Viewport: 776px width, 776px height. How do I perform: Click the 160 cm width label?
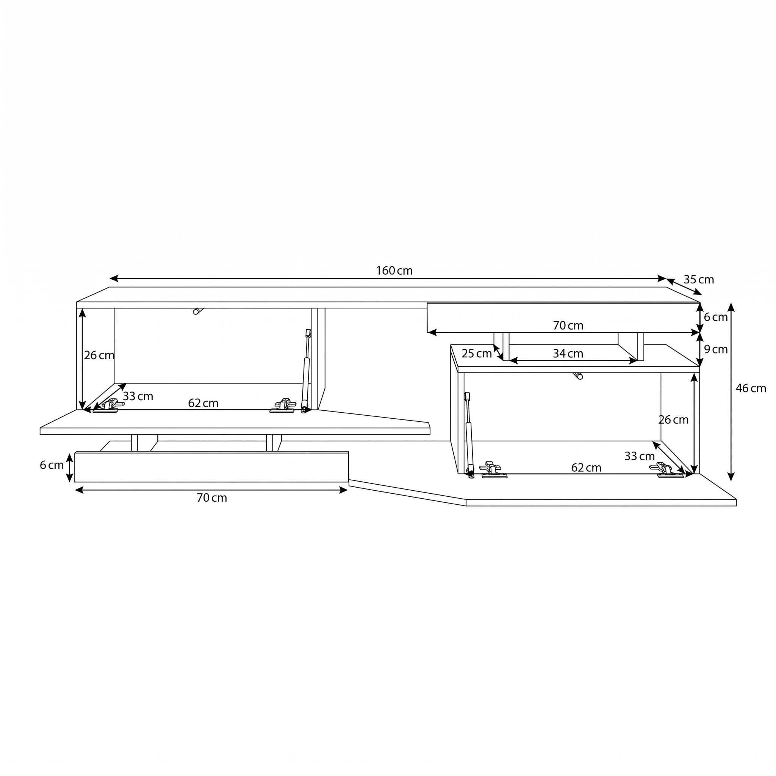(x=394, y=271)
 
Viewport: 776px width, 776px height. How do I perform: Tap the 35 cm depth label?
(x=699, y=280)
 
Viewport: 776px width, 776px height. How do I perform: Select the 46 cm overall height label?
(x=751, y=388)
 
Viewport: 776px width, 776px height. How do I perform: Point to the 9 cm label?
(x=716, y=349)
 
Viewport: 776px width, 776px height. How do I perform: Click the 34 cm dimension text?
(x=568, y=354)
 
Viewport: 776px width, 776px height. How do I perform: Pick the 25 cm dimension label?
(x=477, y=354)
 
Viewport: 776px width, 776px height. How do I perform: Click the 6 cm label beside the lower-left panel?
(x=52, y=465)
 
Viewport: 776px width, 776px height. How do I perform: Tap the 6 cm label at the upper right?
(x=716, y=317)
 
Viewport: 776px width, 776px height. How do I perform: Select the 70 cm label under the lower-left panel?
(x=212, y=498)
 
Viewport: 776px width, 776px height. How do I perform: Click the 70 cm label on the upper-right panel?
(x=568, y=325)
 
